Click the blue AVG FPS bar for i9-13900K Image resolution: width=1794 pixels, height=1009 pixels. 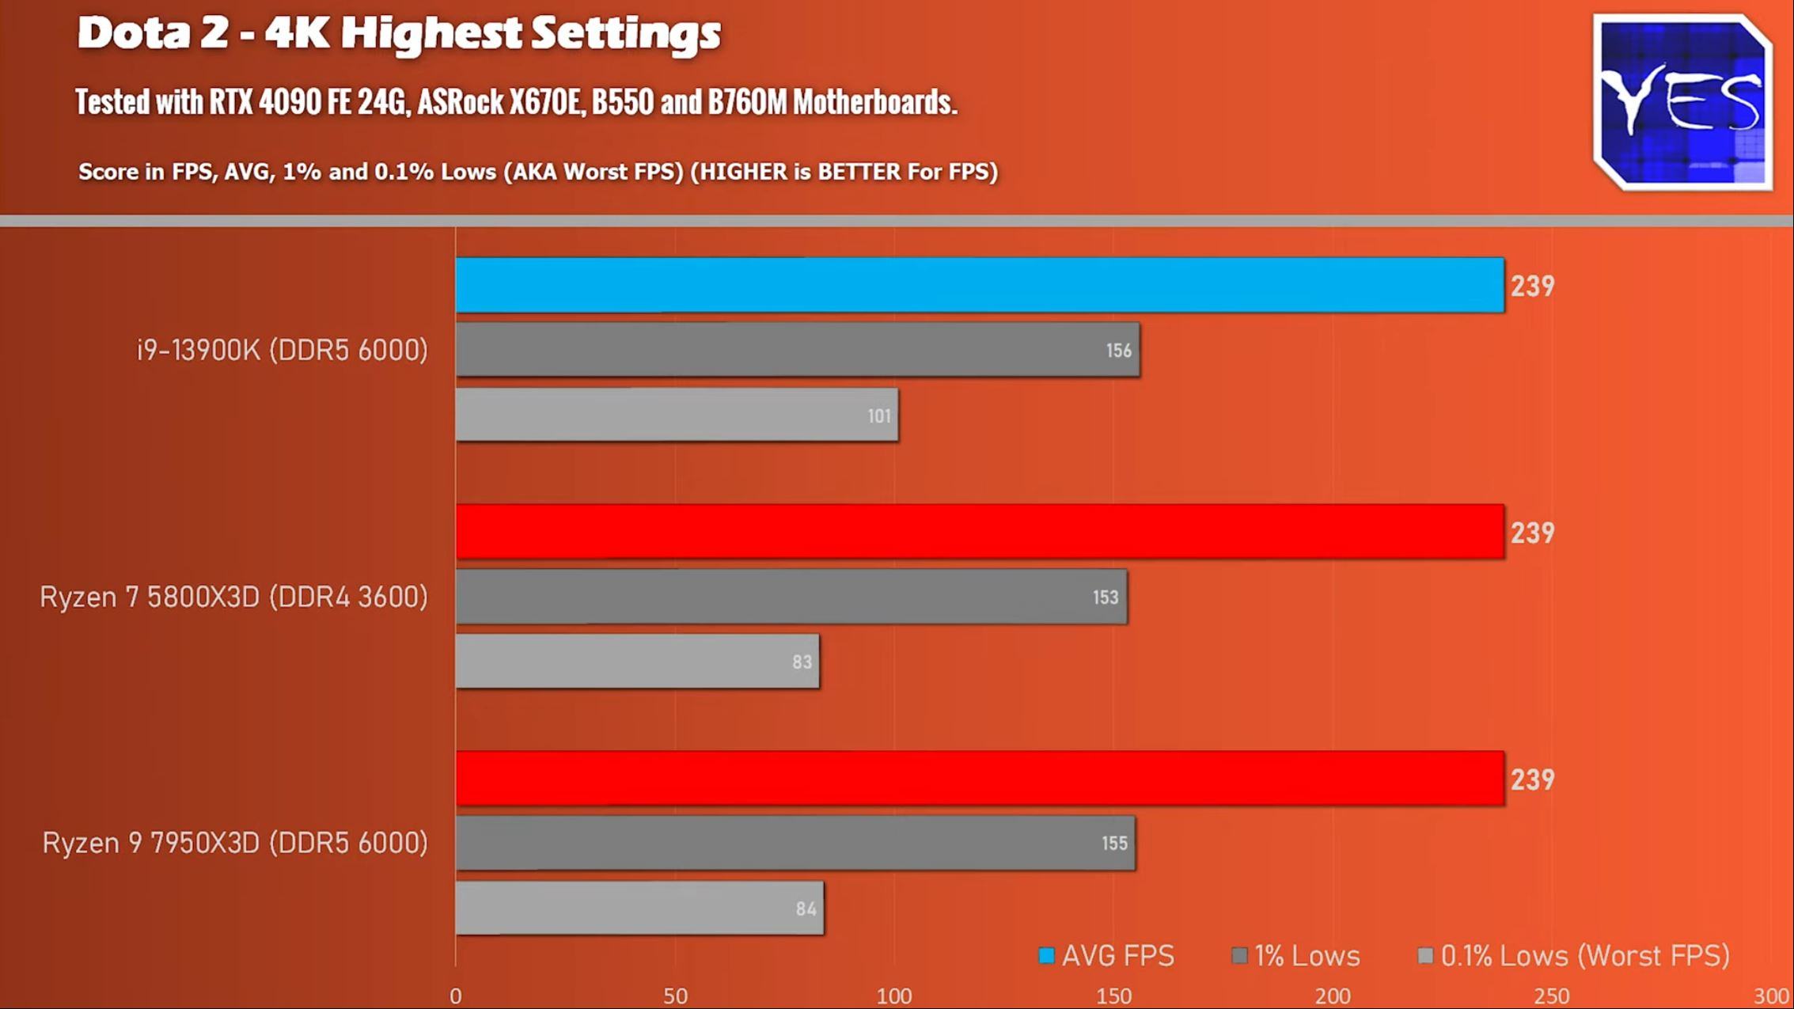[980, 285]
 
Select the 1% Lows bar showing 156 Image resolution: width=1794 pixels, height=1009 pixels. [798, 350]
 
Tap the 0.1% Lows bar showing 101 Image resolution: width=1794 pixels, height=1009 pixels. [677, 415]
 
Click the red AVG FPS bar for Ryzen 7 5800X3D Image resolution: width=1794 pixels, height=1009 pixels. [980, 532]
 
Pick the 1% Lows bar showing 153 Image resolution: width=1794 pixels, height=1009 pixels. [791, 597]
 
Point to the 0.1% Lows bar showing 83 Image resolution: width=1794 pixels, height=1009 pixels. [637, 662]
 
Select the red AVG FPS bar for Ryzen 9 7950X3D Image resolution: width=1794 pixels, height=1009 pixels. [980, 779]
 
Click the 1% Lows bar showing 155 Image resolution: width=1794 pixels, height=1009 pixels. [795, 844]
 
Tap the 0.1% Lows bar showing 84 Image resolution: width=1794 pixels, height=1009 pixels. [639, 908]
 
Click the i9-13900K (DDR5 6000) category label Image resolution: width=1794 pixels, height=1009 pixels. [283, 350]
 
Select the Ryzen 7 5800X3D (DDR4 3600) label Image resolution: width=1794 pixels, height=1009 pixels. [234, 597]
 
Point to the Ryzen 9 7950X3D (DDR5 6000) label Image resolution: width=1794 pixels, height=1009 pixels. [235, 843]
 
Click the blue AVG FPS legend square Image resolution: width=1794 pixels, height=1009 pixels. [1046, 956]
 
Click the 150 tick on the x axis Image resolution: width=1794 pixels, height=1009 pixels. [1113, 996]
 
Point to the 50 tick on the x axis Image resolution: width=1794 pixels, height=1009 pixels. [675, 996]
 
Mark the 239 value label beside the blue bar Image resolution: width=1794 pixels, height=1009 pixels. [1532, 286]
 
